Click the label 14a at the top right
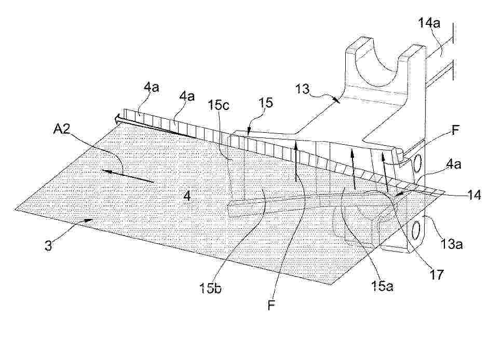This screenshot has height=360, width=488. (429, 23)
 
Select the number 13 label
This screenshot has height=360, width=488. (302, 89)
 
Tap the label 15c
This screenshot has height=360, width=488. (219, 105)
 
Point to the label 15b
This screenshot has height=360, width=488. (210, 288)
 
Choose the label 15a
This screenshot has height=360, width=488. (383, 285)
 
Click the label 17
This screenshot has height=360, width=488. (436, 274)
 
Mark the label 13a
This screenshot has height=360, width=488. (451, 244)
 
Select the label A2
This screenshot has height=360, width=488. (61, 129)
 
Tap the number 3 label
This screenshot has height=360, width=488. (48, 245)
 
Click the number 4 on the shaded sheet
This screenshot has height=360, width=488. (187, 196)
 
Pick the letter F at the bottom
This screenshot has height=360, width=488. (272, 305)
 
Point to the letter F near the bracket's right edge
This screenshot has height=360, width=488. (455, 130)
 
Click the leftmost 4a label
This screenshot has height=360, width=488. (151, 87)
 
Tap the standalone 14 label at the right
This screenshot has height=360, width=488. (474, 195)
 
